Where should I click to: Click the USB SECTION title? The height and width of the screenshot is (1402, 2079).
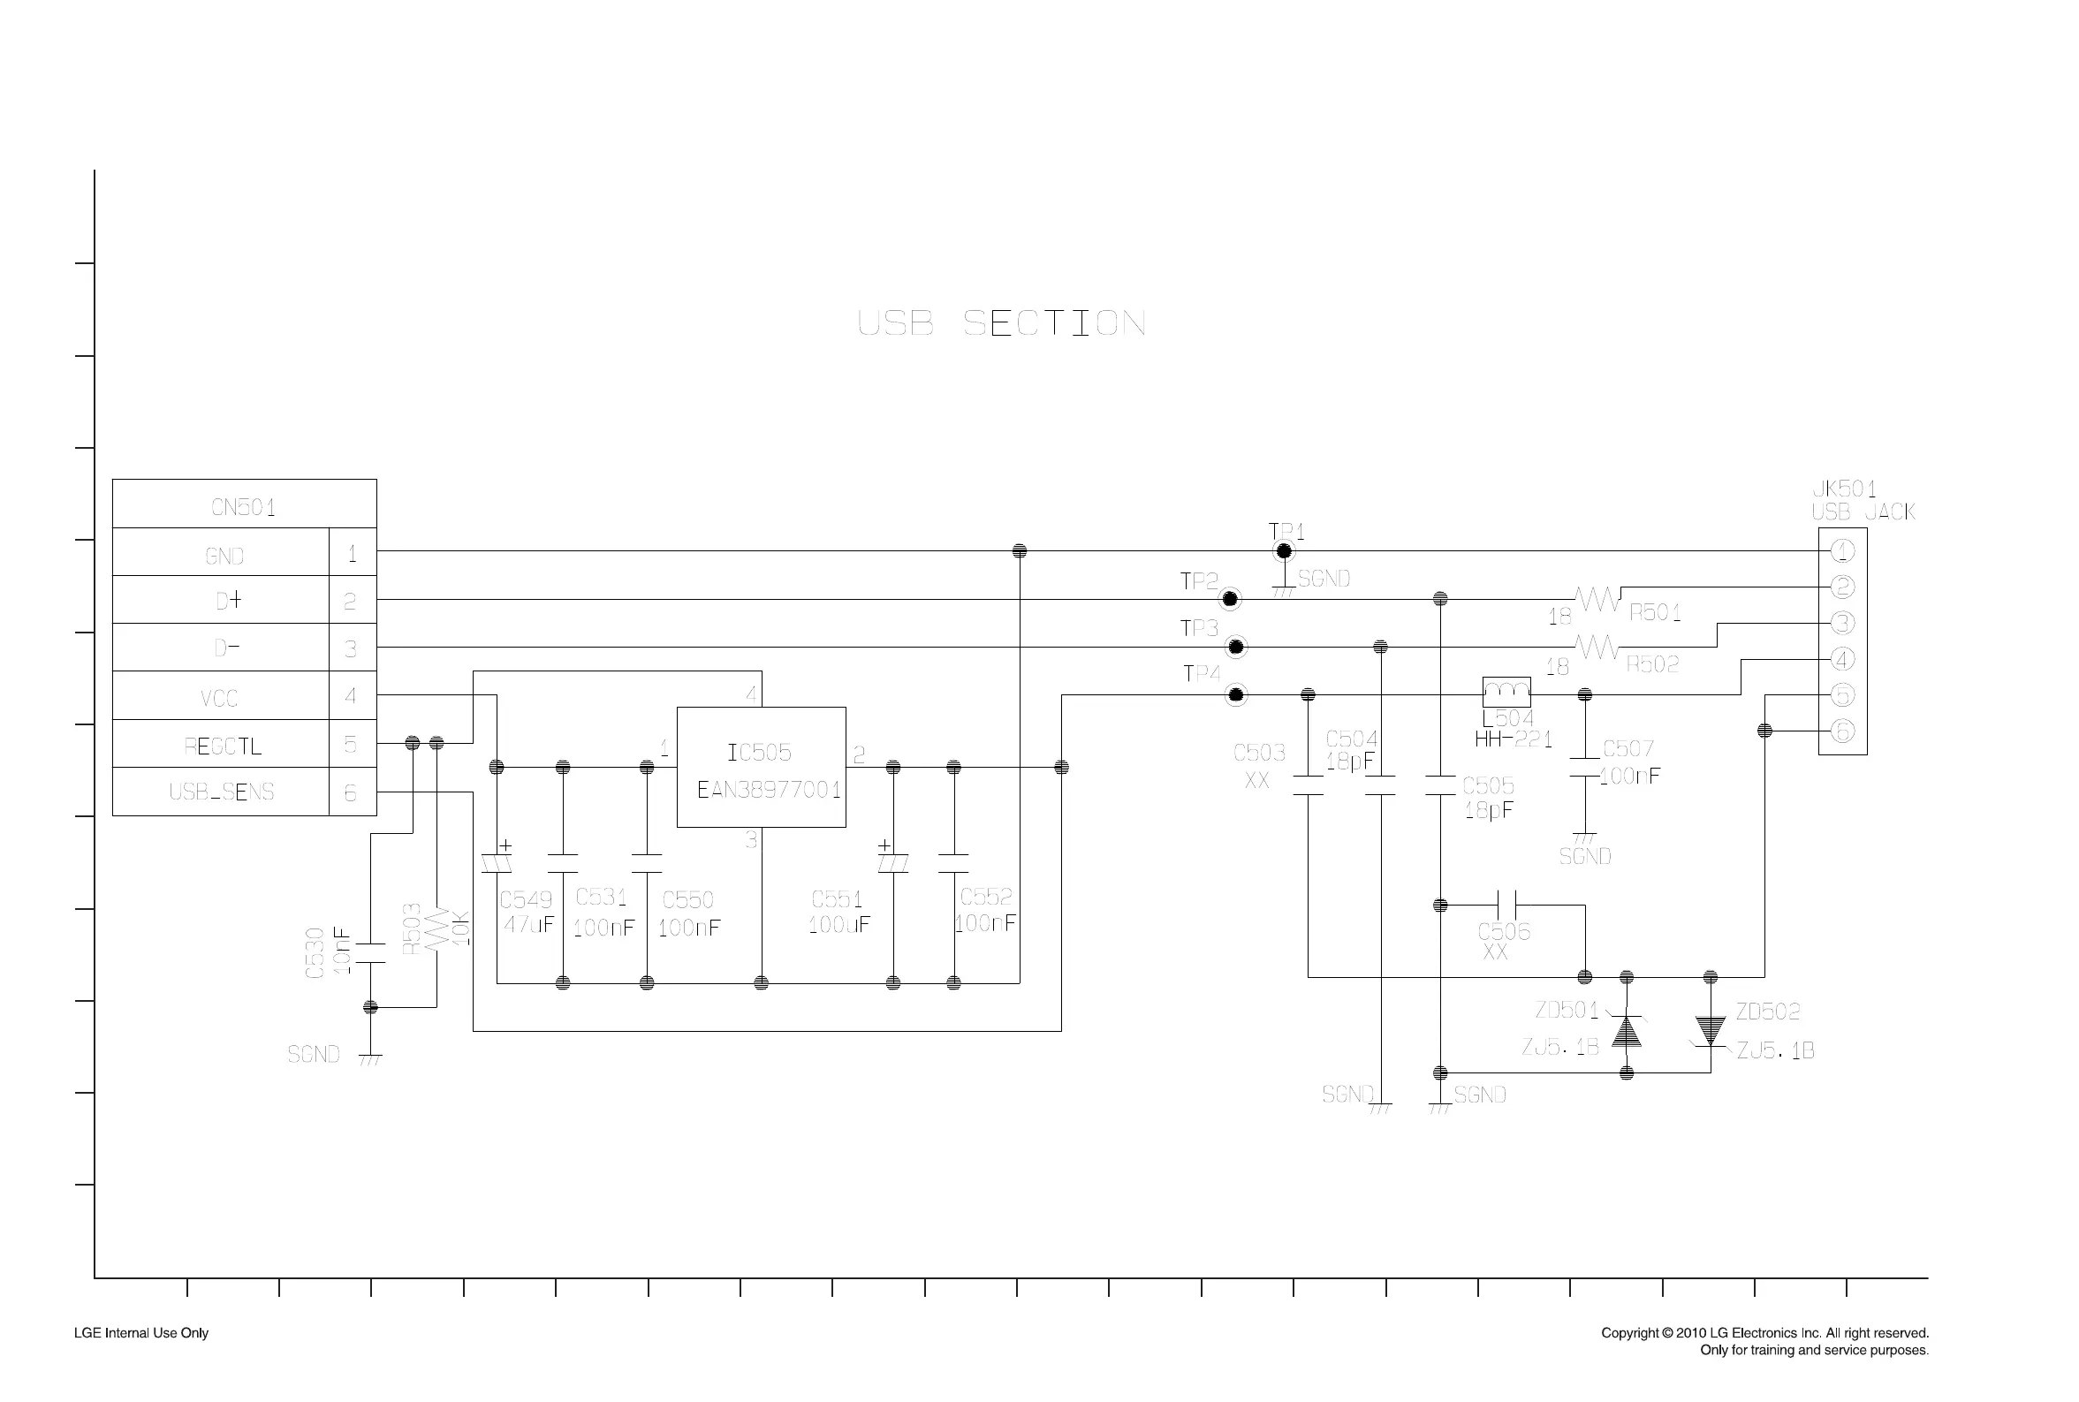1000,322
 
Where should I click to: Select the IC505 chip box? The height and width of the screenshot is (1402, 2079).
761,766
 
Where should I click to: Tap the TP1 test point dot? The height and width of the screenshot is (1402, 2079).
1283,550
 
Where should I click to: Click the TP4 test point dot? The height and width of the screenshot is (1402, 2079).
1236,694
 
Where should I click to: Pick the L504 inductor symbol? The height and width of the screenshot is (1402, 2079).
1506,692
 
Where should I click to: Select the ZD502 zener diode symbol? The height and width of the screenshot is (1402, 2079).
1710,1031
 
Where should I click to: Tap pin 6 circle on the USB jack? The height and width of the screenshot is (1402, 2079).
1842,731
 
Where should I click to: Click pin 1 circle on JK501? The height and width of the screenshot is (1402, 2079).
1842,550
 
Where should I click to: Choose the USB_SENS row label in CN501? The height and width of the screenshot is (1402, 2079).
221,792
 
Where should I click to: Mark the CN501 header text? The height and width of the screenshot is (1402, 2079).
243,507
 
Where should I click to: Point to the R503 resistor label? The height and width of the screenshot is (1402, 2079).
412,929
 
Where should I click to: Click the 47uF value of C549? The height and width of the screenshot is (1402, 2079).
527,925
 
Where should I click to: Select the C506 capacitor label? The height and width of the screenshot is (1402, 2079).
1503,932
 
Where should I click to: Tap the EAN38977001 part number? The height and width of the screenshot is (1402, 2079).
768,790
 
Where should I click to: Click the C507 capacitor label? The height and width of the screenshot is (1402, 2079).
1628,748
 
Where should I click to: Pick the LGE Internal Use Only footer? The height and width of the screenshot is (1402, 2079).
141,1333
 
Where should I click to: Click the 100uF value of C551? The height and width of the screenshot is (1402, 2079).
838,925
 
